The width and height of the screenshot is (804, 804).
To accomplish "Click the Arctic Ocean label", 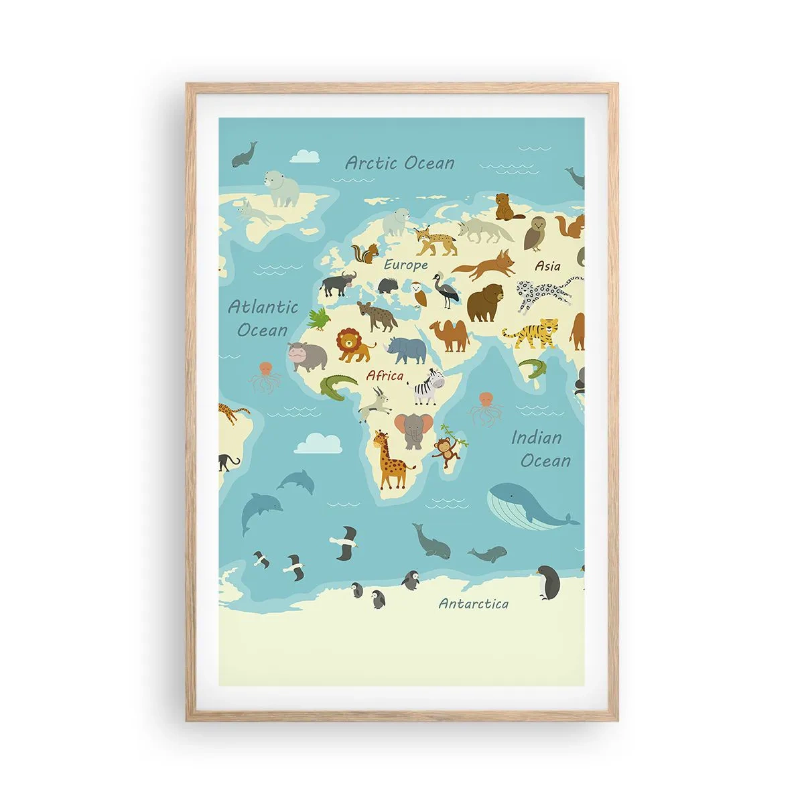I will pos(400,163).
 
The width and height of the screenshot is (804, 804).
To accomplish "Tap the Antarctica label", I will pos(473,604).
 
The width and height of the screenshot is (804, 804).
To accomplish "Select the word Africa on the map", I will pos(385,376).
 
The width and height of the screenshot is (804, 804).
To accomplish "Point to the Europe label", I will pos(405,265).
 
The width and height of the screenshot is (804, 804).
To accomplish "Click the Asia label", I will pos(547,266).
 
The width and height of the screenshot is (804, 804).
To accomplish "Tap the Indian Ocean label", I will pos(541,449).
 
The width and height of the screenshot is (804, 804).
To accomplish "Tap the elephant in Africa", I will pos(409,429).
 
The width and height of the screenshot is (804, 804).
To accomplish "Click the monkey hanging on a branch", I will pos(444,451).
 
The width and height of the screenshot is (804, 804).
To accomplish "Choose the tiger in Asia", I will pos(533,333).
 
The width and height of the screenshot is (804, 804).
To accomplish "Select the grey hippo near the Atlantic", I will pos(307,356).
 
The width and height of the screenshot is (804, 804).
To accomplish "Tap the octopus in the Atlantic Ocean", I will pos(265,377).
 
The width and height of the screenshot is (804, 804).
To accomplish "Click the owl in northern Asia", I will pos(535,232).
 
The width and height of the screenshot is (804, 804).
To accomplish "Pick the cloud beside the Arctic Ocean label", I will pos(306,156).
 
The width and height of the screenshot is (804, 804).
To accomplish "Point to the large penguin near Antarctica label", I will pos(550,582).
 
